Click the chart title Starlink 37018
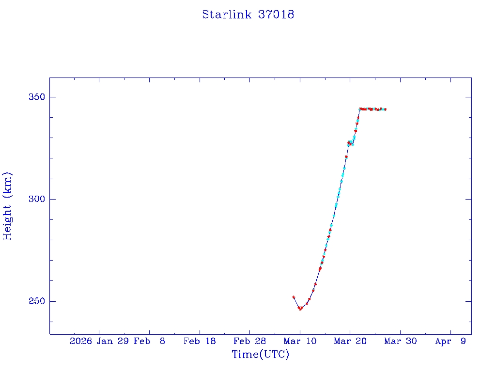(248, 15)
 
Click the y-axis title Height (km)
(7, 206)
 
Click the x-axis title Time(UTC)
(261, 355)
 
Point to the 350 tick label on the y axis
(35, 97)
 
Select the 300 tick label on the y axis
(35, 199)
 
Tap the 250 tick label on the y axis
(35, 301)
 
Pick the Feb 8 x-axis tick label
(149, 341)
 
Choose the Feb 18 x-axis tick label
(199, 341)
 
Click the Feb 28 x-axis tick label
(249, 341)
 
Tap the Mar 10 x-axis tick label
(300, 341)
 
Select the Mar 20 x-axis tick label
(350, 341)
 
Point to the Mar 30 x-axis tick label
(400, 341)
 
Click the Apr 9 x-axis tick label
(450, 341)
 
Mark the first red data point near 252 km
(294, 297)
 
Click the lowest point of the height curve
(300, 309)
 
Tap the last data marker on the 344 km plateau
(385, 109)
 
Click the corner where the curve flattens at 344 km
(360, 109)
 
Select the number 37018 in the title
(276, 15)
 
